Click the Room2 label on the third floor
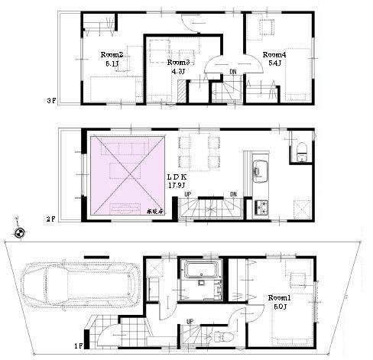[112, 54]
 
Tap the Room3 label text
[178, 62]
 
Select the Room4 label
[274, 55]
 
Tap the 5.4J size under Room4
[274, 64]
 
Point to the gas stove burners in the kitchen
[262, 206]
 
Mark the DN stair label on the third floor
[232, 73]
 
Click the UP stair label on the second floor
[188, 194]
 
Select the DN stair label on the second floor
[233, 194]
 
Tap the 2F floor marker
[51, 219]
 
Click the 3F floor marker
[51, 100]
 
